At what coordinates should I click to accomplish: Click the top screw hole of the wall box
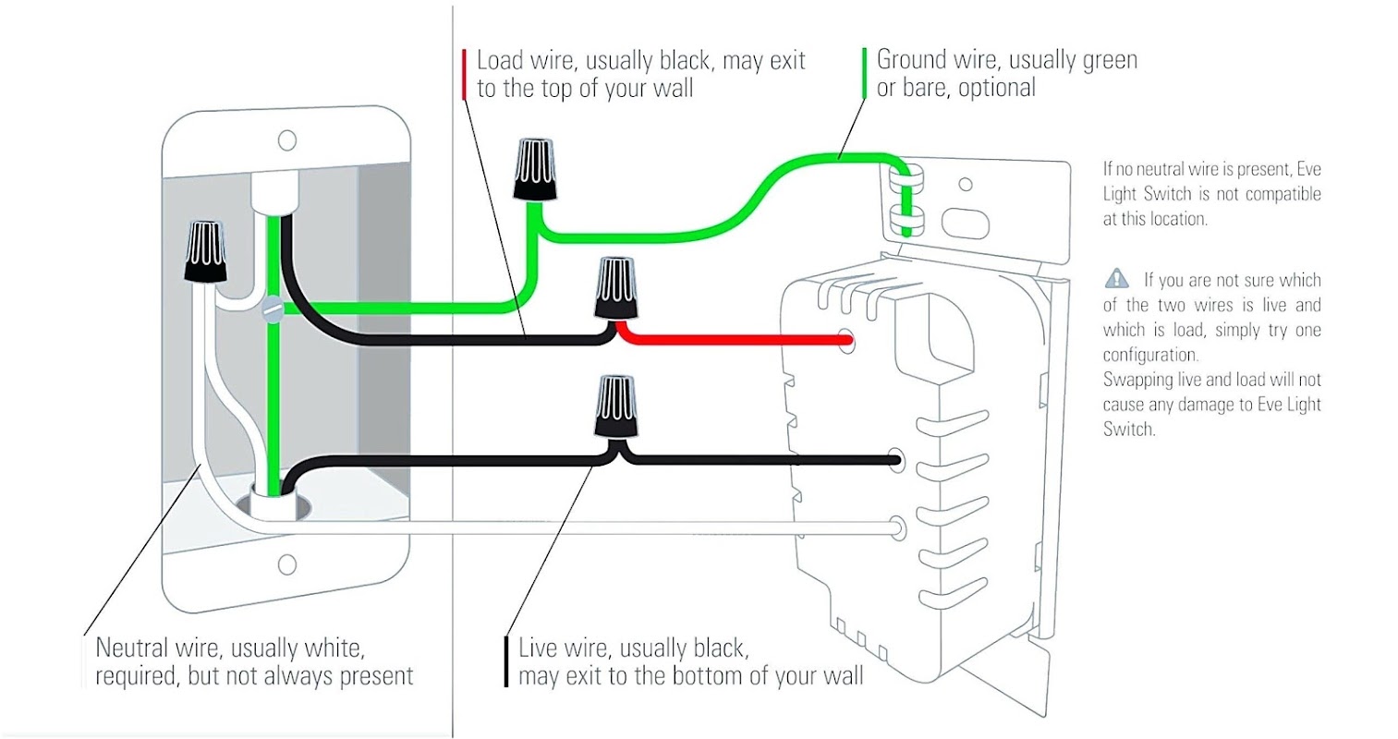point(287,140)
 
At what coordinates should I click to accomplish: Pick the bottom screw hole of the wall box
point(287,563)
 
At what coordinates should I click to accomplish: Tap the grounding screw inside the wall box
point(273,309)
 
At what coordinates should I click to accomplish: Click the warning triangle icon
point(1116,278)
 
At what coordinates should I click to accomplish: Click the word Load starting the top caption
point(500,61)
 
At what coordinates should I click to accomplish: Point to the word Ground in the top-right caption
point(911,60)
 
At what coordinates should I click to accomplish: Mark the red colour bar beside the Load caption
point(464,74)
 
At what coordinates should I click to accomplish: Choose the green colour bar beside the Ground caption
point(864,74)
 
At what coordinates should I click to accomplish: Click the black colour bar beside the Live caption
point(506,661)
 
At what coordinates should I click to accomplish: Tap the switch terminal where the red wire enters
point(845,341)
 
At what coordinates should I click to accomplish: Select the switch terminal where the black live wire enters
point(894,459)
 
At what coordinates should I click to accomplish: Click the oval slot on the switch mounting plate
point(966,224)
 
